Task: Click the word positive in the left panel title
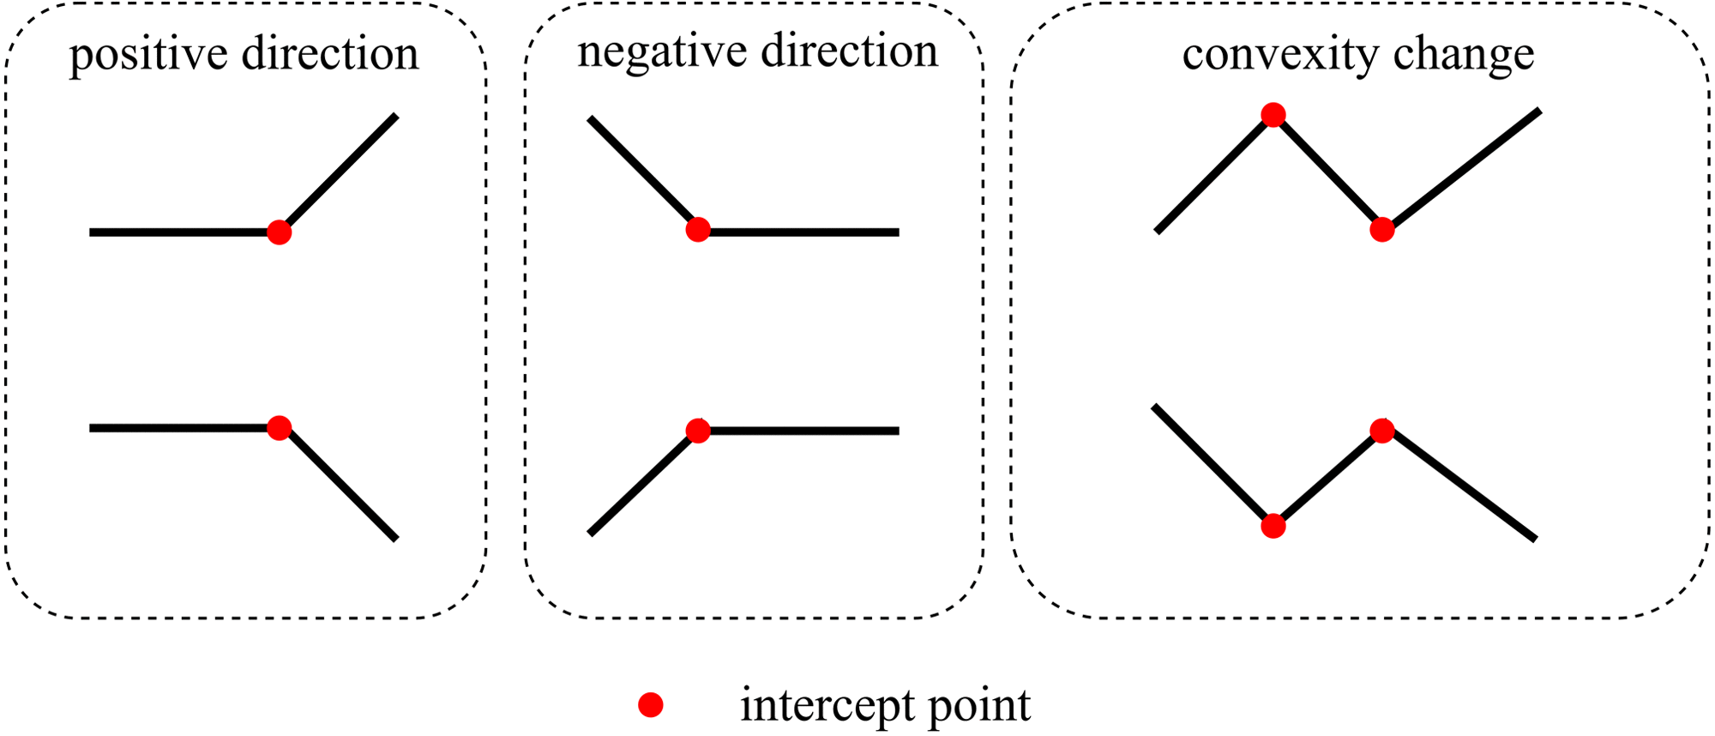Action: click(x=147, y=55)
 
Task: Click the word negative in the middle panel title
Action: click(x=661, y=52)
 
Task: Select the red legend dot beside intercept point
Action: click(x=651, y=705)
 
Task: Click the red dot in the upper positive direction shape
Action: click(x=279, y=232)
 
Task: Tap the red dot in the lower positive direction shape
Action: click(x=279, y=427)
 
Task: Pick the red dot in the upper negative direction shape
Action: click(x=698, y=229)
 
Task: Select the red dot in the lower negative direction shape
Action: click(x=698, y=431)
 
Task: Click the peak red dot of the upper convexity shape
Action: click(x=1273, y=115)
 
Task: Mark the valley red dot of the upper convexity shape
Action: click(x=1381, y=229)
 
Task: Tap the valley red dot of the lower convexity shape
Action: click(x=1273, y=526)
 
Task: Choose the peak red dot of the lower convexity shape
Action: click(x=1381, y=431)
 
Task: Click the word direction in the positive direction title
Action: click(x=330, y=55)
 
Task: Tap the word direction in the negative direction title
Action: click(x=849, y=52)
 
